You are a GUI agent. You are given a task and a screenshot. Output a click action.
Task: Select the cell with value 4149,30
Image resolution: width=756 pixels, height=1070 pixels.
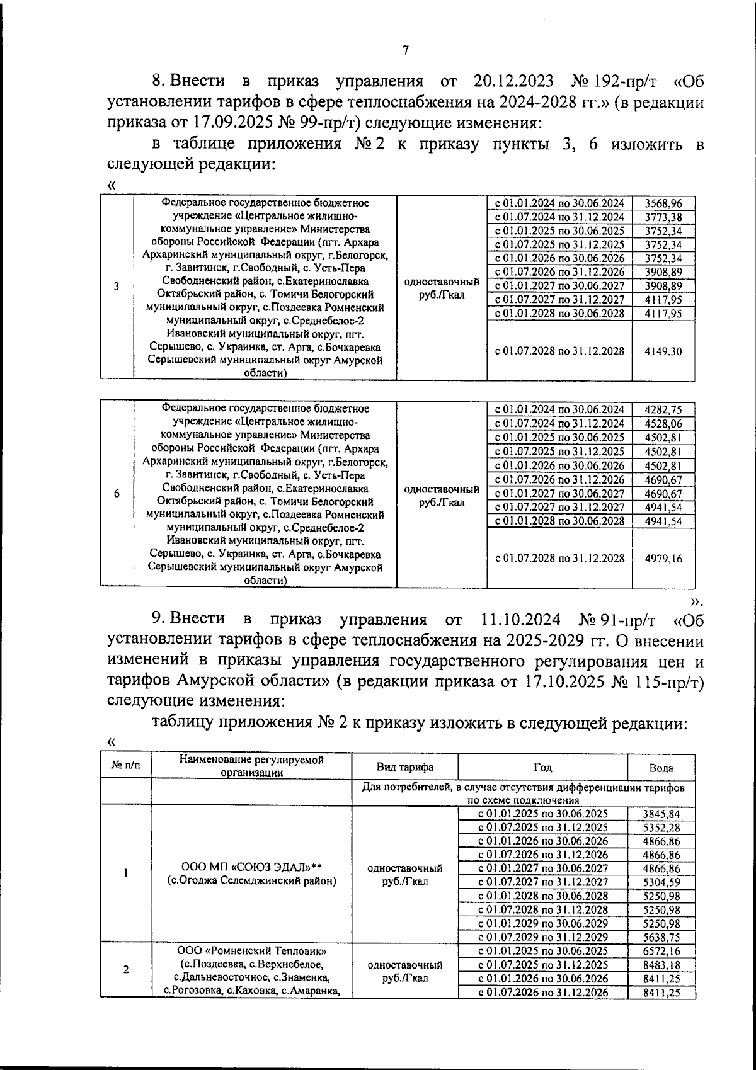(663, 351)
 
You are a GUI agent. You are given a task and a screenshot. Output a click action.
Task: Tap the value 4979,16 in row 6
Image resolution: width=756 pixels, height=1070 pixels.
(663, 558)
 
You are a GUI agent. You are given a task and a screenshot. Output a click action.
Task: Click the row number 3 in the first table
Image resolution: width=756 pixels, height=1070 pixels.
(117, 287)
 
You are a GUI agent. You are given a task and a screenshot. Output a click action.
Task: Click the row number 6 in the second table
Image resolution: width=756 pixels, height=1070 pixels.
(117, 494)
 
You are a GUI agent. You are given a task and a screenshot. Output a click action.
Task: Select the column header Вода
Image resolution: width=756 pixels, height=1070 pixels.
(661, 768)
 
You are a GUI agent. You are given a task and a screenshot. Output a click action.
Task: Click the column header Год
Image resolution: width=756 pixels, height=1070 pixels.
(542, 767)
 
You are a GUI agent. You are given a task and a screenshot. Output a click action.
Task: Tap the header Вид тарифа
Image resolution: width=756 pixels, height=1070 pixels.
(404, 767)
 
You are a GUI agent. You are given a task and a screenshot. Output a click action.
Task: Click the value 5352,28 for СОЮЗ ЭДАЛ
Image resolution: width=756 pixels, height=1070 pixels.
(661, 827)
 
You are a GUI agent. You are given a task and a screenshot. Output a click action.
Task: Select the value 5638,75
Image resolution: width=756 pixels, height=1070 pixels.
(661, 936)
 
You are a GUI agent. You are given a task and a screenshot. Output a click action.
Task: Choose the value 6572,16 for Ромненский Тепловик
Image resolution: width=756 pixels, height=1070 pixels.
(661, 951)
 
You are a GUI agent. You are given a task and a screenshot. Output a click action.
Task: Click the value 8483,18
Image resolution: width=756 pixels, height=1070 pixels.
(661, 965)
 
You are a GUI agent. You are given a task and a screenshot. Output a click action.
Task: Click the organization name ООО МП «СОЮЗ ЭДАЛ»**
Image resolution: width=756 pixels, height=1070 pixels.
(251, 867)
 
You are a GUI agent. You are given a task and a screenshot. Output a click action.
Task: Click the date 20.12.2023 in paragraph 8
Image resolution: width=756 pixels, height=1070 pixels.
(511, 81)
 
